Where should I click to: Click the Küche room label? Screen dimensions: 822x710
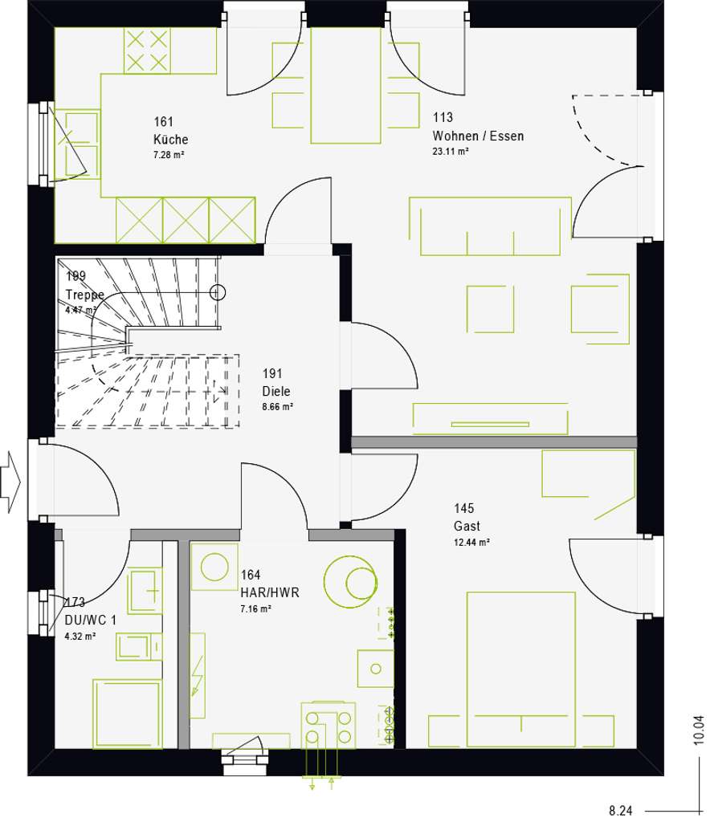click(x=171, y=138)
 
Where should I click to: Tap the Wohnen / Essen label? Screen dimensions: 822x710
click(x=478, y=136)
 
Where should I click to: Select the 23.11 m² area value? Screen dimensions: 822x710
click(x=451, y=151)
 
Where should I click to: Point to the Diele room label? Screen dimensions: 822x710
click(x=275, y=392)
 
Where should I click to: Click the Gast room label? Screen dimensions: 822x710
click(x=467, y=527)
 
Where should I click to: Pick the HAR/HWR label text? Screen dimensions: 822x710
click(x=268, y=592)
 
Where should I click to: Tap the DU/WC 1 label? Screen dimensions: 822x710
click(x=91, y=620)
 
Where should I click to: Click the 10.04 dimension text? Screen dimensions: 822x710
click(x=698, y=730)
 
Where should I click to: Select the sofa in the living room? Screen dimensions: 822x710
click(x=490, y=226)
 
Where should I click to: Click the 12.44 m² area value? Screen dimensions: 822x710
click(x=472, y=542)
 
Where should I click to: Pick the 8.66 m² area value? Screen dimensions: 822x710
click(x=278, y=407)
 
